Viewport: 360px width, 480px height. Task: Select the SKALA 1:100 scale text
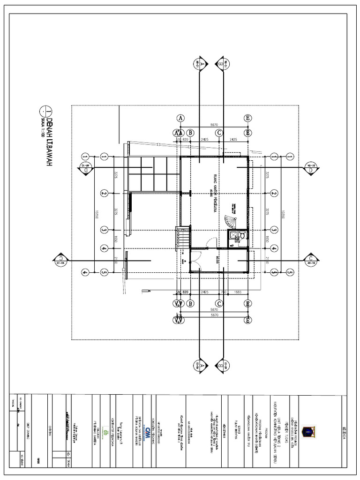[42, 126]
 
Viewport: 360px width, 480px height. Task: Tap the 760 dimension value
[224, 292]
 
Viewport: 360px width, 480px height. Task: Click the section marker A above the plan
[200, 64]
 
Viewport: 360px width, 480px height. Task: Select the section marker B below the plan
[220, 365]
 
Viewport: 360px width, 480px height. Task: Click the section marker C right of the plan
[311, 259]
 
